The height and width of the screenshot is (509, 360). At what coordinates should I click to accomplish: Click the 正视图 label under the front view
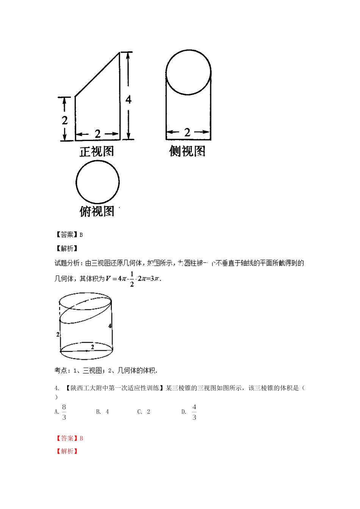pyautogui.click(x=97, y=151)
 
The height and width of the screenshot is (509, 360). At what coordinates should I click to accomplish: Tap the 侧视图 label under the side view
pyautogui.click(x=187, y=151)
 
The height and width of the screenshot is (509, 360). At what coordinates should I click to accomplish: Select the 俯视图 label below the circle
pyautogui.click(x=97, y=211)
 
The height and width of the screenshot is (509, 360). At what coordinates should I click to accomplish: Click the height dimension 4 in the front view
pyautogui.click(x=128, y=99)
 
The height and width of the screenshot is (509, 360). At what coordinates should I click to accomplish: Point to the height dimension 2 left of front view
pyautogui.click(x=65, y=120)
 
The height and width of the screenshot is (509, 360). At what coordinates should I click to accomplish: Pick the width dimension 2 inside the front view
pyautogui.click(x=97, y=134)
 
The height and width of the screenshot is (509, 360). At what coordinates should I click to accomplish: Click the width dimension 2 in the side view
pyautogui.click(x=187, y=132)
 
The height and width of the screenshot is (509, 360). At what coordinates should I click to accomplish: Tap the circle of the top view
pyautogui.click(x=98, y=182)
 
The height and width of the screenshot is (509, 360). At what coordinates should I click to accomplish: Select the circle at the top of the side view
pyautogui.click(x=188, y=72)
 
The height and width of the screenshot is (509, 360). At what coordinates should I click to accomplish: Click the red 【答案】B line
pyautogui.click(x=70, y=438)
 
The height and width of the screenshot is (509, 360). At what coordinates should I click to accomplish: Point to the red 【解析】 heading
pyautogui.click(x=67, y=451)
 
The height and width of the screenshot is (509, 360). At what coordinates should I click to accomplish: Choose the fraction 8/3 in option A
pyautogui.click(x=64, y=412)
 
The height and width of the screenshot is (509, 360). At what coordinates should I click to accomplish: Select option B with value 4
pyautogui.click(x=103, y=412)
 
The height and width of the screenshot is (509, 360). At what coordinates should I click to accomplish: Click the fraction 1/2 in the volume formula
pyautogui.click(x=132, y=279)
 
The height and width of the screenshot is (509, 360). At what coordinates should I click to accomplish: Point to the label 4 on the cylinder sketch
pyautogui.click(x=110, y=326)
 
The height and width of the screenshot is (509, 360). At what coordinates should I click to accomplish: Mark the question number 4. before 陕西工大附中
pyautogui.click(x=57, y=388)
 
